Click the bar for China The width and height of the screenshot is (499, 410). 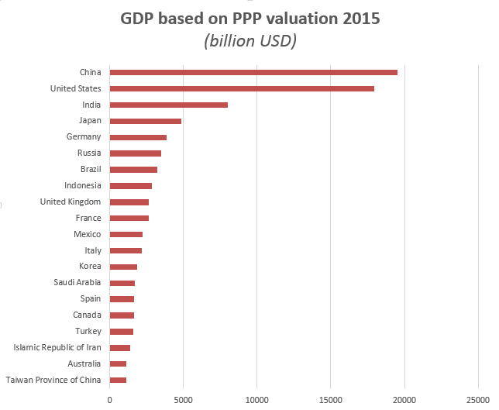coord(253,72)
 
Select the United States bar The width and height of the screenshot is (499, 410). coord(242,88)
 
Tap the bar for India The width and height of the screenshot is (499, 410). coord(169,105)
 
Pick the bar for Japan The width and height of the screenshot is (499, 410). coord(146,121)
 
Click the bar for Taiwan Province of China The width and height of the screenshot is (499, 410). coord(118,380)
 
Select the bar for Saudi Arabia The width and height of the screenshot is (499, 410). coord(122,283)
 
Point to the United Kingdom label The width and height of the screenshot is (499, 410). coord(71,202)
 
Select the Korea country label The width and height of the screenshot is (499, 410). coord(90,267)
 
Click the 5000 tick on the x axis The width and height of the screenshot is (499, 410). coord(183,399)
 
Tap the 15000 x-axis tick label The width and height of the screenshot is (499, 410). coord(331,399)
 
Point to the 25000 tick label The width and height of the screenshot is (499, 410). coord(477,399)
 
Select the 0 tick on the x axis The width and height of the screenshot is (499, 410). coord(110,399)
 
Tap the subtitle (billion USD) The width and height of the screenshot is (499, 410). coord(250,40)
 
